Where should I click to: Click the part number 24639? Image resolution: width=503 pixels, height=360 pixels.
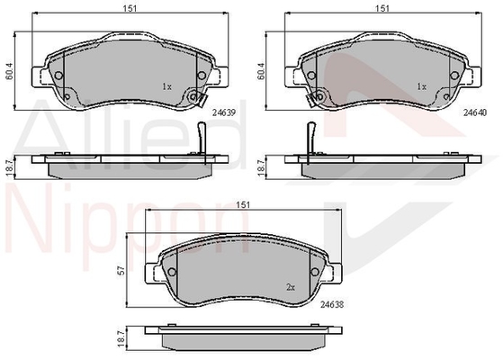(x=224, y=112)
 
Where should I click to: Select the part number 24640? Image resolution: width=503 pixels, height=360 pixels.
(x=475, y=112)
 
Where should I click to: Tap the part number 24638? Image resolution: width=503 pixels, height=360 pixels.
(x=332, y=304)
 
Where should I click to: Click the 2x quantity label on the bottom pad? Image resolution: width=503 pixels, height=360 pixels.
(x=291, y=287)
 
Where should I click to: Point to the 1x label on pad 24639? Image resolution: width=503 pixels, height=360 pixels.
(x=166, y=86)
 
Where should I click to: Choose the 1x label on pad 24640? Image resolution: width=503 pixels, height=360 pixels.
(x=422, y=86)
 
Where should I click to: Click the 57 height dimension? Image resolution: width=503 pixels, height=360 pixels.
(x=121, y=271)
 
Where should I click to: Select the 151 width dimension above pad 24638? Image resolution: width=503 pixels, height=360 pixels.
(x=243, y=204)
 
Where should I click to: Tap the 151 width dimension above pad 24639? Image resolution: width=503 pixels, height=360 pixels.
(x=130, y=8)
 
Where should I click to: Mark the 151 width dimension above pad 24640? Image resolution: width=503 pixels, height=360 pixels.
(x=382, y=8)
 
